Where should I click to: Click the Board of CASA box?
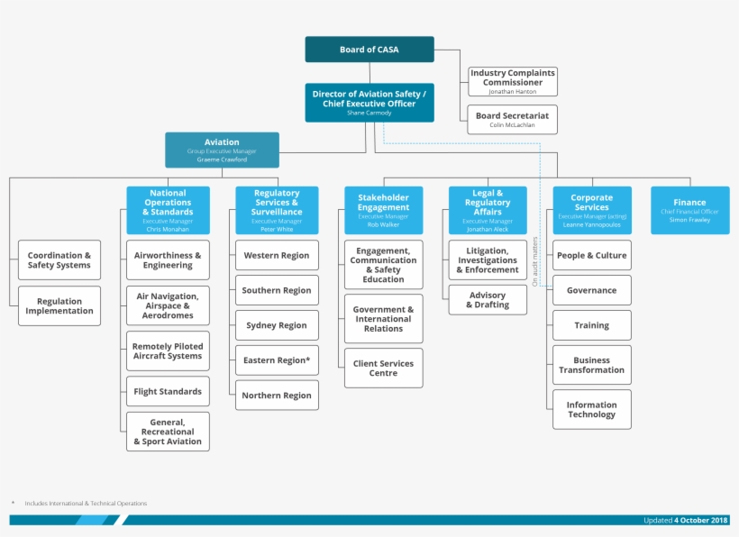pyautogui.click(x=369, y=50)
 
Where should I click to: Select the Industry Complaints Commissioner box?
pyautogui.click(x=512, y=81)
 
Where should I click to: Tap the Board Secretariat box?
pyautogui.click(x=512, y=119)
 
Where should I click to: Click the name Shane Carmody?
pyautogui.click(x=369, y=114)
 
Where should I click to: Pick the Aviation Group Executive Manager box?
pyautogui.click(x=222, y=150)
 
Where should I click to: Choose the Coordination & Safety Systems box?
pyautogui.click(x=59, y=260)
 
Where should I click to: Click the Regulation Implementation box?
pyautogui.click(x=59, y=306)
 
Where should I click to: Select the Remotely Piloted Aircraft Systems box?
pyautogui.click(x=168, y=351)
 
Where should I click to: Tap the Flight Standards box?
pyautogui.click(x=168, y=392)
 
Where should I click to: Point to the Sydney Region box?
pyautogui.click(x=277, y=325)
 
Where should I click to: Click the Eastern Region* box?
pyautogui.click(x=277, y=360)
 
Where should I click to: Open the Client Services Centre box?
pyautogui.click(x=383, y=369)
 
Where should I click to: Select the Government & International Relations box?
pyautogui.click(x=383, y=319)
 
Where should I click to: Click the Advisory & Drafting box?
pyautogui.click(x=487, y=300)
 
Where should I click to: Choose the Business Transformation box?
pyautogui.click(x=591, y=365)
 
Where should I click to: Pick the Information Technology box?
pyautogui.click(x=591, y=410)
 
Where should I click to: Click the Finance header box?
pyautogui.click(x=689, y=210)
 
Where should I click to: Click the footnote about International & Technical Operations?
pyautogui.click(x=85, y=504)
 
